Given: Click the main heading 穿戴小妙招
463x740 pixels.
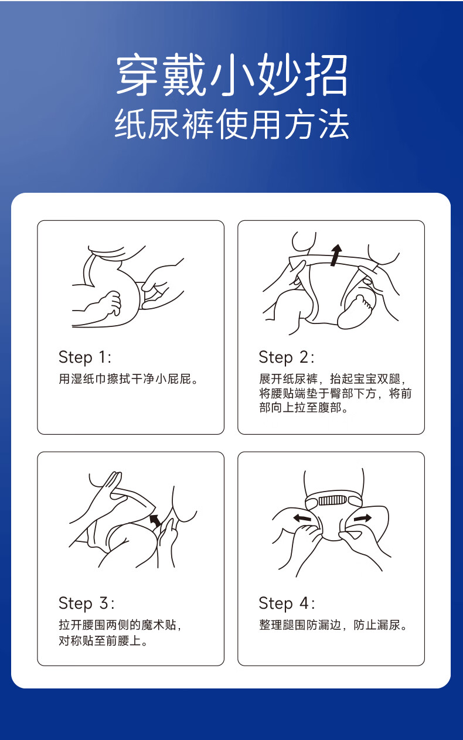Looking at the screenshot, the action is point(232,76).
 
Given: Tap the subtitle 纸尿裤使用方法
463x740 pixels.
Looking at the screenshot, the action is point(231,124).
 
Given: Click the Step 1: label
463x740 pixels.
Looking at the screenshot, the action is point(85,358).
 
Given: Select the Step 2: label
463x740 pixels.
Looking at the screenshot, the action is point(287,358).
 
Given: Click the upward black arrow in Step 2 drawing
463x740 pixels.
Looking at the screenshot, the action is point(336,255).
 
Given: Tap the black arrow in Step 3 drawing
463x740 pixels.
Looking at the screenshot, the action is point(155,520).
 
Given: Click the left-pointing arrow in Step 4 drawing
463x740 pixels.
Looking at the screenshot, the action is point(302,518).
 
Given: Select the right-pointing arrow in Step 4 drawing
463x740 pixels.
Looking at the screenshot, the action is point(363,518).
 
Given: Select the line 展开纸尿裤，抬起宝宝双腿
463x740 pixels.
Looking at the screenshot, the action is point(333,379).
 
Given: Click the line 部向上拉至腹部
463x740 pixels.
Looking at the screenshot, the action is point(304,408).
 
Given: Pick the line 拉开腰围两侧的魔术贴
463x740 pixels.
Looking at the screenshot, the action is point(120,625).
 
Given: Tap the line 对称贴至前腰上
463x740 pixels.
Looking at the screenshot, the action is point(103,641).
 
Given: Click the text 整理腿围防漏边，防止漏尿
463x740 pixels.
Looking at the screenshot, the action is point(333,625).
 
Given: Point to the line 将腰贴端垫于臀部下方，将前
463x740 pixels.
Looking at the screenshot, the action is point(335,393).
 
